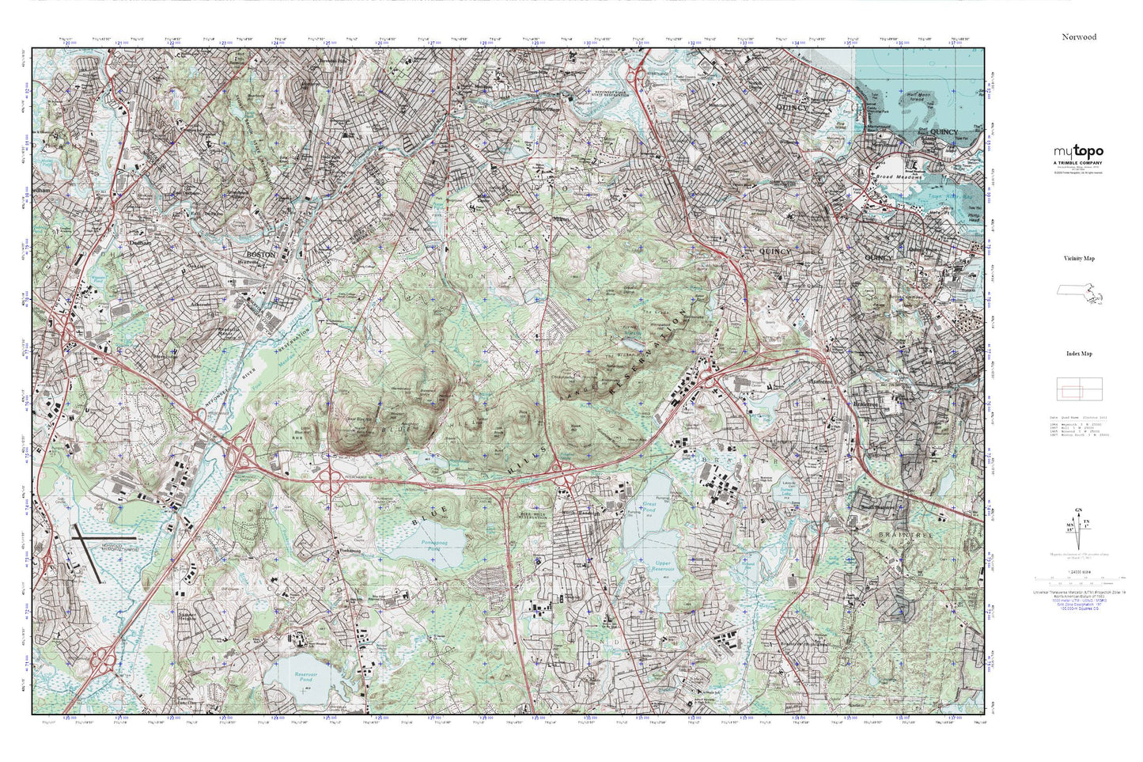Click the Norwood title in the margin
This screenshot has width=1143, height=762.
click(1079, 36)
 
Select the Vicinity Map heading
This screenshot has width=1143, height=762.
click(1079, 259)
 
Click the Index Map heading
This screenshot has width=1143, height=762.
click(1079, 354)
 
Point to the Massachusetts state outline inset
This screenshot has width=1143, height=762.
click(1079, 294)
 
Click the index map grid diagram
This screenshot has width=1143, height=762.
click(1079, 389)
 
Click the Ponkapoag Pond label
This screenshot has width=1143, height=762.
click(428, 545)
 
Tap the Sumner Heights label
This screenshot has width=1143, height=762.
click(187, 616)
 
